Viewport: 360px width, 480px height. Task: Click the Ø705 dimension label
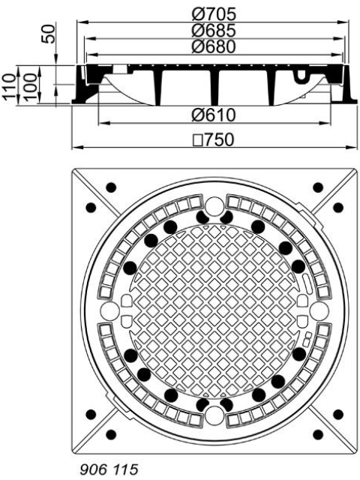pyautogui.click(x=214, y=13)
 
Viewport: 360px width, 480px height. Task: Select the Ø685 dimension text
pyautogui.click(x=214, y=30)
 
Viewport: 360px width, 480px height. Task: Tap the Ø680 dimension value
pyautogui.click(x=214, y=46)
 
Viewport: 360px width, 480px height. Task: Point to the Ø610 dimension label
pyautogui.click(x=214, y=115)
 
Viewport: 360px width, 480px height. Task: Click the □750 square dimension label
pyautogui.click(x=214, y=139)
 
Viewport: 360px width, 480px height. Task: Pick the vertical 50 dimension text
pyautogui.click(x=49, y=34)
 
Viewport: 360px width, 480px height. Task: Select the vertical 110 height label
pyautogui.click(x=9, y=87)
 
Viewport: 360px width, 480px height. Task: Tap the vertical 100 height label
pyautogui.click(x=31, y=87)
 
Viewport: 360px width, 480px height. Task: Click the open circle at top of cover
pyautogui.click(x=214, y=206)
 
